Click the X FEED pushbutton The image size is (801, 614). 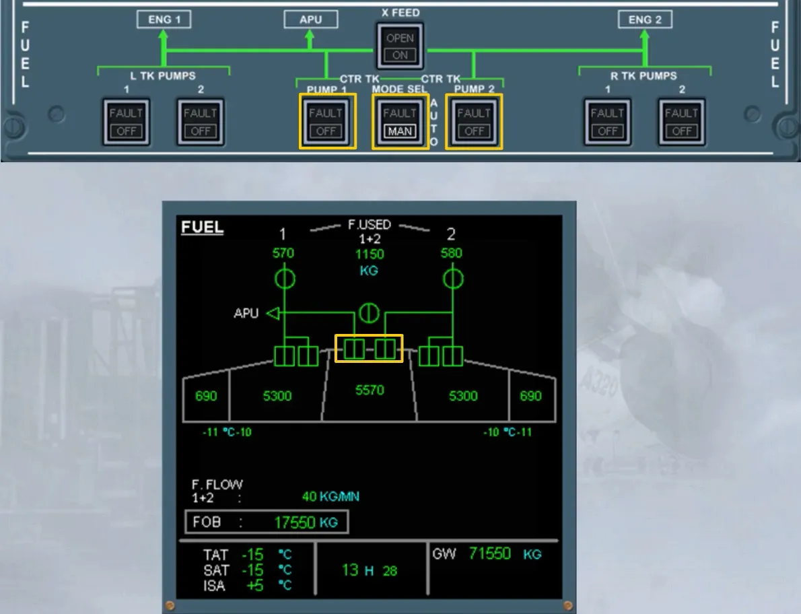400,46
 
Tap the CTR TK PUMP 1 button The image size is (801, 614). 326,122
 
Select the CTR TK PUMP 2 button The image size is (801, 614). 474,122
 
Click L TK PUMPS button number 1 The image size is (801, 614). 126,122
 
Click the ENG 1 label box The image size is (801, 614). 164,20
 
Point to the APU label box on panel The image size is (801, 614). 310,20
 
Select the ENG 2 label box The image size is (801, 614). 645,20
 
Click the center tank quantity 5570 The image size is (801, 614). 370,390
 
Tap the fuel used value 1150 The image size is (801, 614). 370,254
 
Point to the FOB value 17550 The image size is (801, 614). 295,522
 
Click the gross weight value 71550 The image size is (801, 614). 489,553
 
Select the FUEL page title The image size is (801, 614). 203,228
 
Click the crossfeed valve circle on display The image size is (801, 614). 369,313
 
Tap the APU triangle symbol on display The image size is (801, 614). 274,313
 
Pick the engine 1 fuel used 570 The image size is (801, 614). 283,253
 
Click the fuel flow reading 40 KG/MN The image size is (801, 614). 330,496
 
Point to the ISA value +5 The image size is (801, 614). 255,586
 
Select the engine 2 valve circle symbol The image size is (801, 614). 452,279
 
